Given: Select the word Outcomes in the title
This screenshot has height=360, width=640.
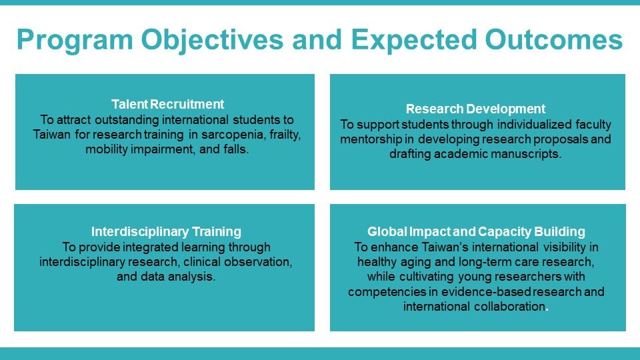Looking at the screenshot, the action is pos(554,39).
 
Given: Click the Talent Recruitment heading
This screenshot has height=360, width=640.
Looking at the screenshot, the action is pos(168,105).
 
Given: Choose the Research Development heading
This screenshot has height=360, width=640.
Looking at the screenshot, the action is pos(475,109).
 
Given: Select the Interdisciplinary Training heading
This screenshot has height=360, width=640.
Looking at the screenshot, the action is pos(166,232).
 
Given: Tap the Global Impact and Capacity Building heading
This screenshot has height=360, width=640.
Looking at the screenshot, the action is pos(476,232).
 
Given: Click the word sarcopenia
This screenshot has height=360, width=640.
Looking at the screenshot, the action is pos(233,135).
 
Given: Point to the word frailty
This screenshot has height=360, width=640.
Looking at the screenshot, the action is pos(285,135).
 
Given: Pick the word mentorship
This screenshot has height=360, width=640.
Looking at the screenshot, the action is pos(371,139).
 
